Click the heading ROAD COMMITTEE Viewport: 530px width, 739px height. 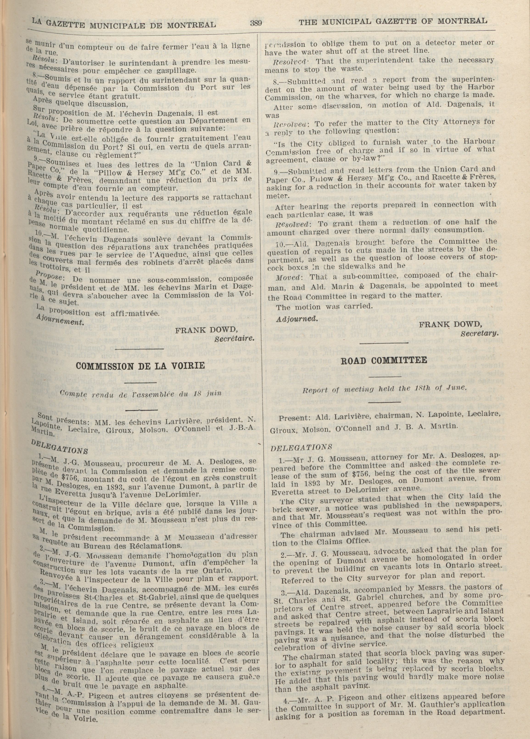[x=384, y=360]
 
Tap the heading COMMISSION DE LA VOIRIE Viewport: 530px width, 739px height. [x=140, y=365]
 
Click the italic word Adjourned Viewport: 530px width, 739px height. [x=297, y=319]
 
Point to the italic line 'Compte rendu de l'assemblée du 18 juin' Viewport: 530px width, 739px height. [x=141, y=393]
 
